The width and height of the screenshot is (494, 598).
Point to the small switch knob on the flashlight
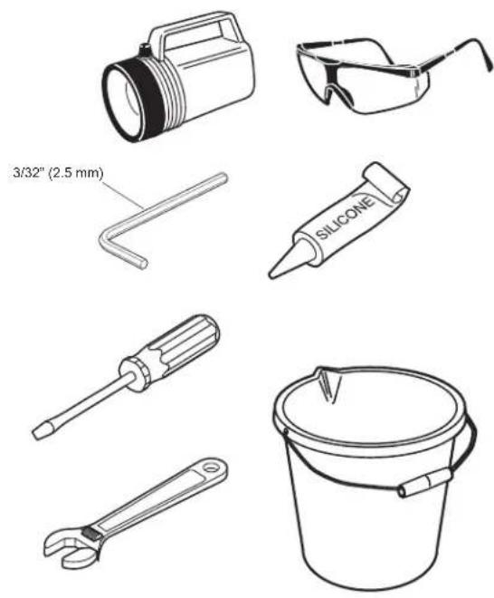click(145, 50)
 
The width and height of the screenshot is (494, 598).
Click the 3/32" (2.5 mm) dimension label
click(58, 174)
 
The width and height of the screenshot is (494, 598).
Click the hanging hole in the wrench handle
click(210, 467)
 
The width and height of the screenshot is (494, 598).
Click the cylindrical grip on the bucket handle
click(425, 483)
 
